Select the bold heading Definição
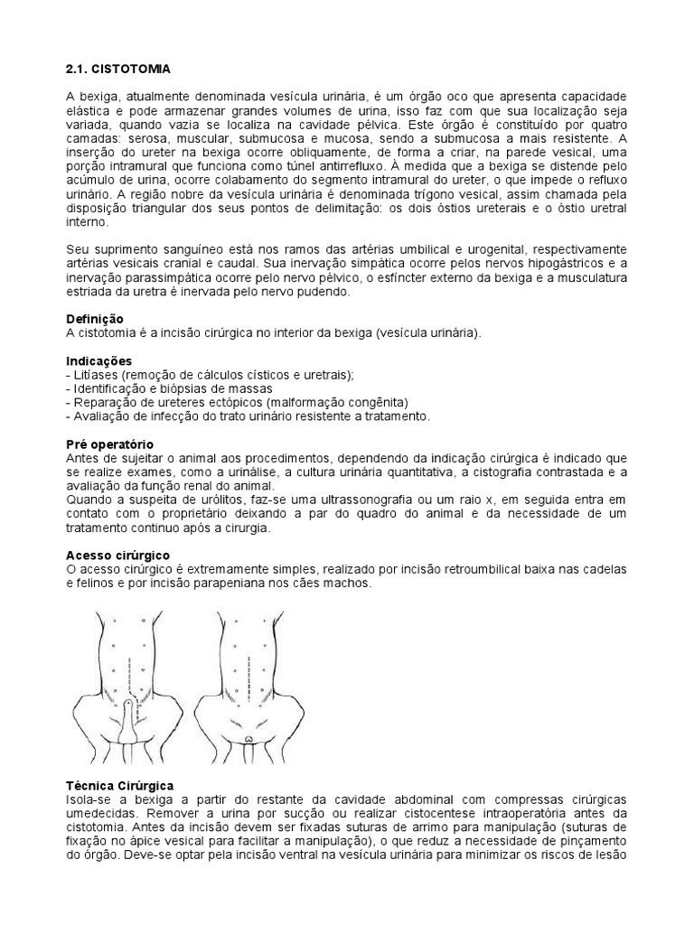tap(96, 320)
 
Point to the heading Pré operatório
tap(110, 444)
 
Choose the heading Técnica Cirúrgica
tap(120, 786)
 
